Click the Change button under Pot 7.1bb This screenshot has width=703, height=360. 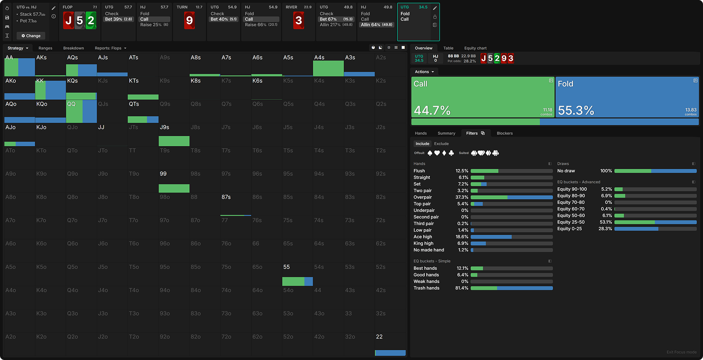[31, 36]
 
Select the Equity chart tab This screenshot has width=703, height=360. [475, 48]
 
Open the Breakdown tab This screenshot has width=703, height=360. [73, 48]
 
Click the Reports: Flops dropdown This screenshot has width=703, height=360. [110, 48]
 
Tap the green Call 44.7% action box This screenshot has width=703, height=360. [482, 97]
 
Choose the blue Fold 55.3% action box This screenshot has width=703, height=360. [627, 97]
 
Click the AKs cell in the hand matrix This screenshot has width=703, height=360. [50, 65]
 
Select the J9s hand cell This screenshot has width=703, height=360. [174, 135]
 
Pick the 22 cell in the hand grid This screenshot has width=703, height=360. [390, 344]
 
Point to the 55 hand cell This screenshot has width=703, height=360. [297, 274]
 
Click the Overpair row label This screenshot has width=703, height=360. [422, 197]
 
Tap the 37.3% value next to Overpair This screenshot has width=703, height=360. [462, 197]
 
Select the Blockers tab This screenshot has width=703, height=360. [504, 133]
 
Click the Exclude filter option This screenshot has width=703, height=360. [441, 144]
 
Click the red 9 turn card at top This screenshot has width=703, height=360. [189, 20]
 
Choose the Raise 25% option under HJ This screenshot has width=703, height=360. [154, 25]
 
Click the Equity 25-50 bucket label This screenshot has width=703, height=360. [571, 222]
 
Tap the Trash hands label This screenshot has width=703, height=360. [426, 288]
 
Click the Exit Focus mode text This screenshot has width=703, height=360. [681, 352]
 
